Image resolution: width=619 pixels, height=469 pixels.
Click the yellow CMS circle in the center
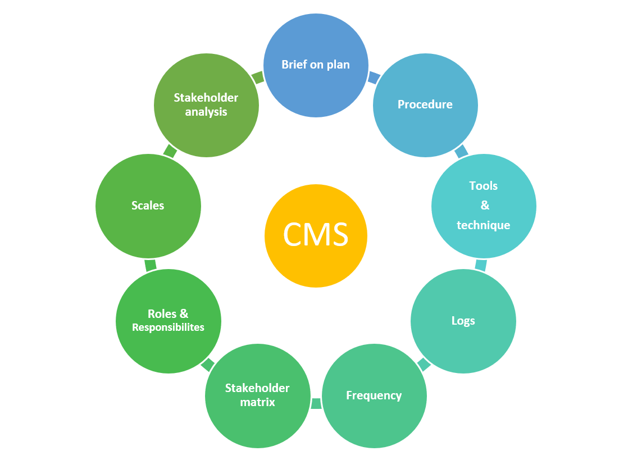[x=316, y=235]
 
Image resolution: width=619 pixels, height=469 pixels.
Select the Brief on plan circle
[x=316, y=65]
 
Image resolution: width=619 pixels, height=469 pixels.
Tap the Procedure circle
[x=425, y=104]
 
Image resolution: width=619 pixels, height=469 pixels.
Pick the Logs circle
[x=463, y=321]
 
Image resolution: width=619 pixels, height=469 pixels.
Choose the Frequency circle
[x=374, y=395]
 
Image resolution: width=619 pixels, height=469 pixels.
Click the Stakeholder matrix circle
[x=257, y=395]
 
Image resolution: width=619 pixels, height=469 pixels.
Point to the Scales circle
[x=148, y=206]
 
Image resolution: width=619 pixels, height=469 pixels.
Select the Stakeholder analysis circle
[x=206, y=104]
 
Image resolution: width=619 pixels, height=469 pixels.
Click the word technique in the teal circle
[x=483, y=225]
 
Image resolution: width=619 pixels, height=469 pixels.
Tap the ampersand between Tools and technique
[x=485, y=206]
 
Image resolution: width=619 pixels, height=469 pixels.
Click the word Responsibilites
[x=168, y=327]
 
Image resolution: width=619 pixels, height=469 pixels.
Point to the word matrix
[x=257, y=402]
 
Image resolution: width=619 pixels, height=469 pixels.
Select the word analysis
[x=206, y=112]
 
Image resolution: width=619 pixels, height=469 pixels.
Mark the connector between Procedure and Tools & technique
[x=461, y=151]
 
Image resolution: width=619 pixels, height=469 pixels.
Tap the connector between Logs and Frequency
[x=424, y=365]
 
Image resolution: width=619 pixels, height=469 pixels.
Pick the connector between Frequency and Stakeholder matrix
[x=316, y=403]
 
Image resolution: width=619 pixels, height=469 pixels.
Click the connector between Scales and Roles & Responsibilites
[x=150, y=265]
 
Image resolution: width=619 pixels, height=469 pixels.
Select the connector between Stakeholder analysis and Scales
[x=170, y=151]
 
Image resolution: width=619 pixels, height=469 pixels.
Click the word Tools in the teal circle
[x=483, y=186]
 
